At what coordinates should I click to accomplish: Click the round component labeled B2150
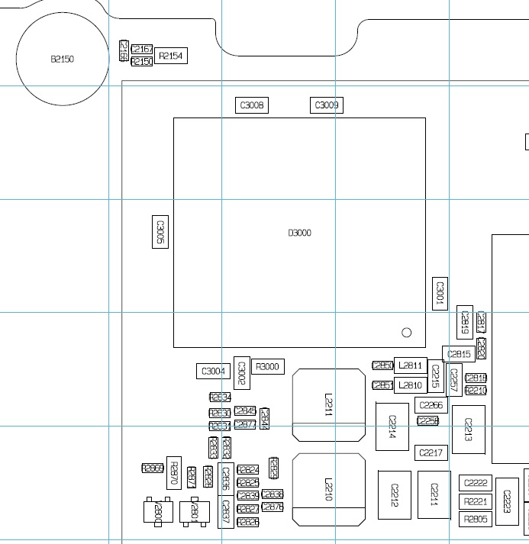[x=62, y=59]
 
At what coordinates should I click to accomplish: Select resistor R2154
[x=171, y=56]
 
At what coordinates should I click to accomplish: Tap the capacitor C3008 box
[x=251, y=105]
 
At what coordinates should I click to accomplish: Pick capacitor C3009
[x=327, y=105]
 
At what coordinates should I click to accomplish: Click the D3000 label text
[x=299, y=233]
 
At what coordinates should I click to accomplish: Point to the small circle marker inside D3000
[x=406, y=333]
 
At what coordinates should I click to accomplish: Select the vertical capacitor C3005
[x=160, y=230]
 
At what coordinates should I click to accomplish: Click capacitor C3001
[x=439, y=294]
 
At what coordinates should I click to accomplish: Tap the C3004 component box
[x=213, y=372]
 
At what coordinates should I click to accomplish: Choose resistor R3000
[x=267, y=367]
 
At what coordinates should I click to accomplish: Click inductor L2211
[x=329, y=405]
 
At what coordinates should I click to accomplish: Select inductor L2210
[x=329, y=489]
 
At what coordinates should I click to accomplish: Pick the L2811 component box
[x=410, y=365]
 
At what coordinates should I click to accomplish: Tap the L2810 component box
[x=410, y=385]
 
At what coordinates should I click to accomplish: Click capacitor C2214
[x=392, y=427]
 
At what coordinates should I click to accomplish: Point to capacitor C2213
[x=468, y=430]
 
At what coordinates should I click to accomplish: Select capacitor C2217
[x=431, y=453]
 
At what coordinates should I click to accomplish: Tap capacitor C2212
[x=395, y=494]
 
